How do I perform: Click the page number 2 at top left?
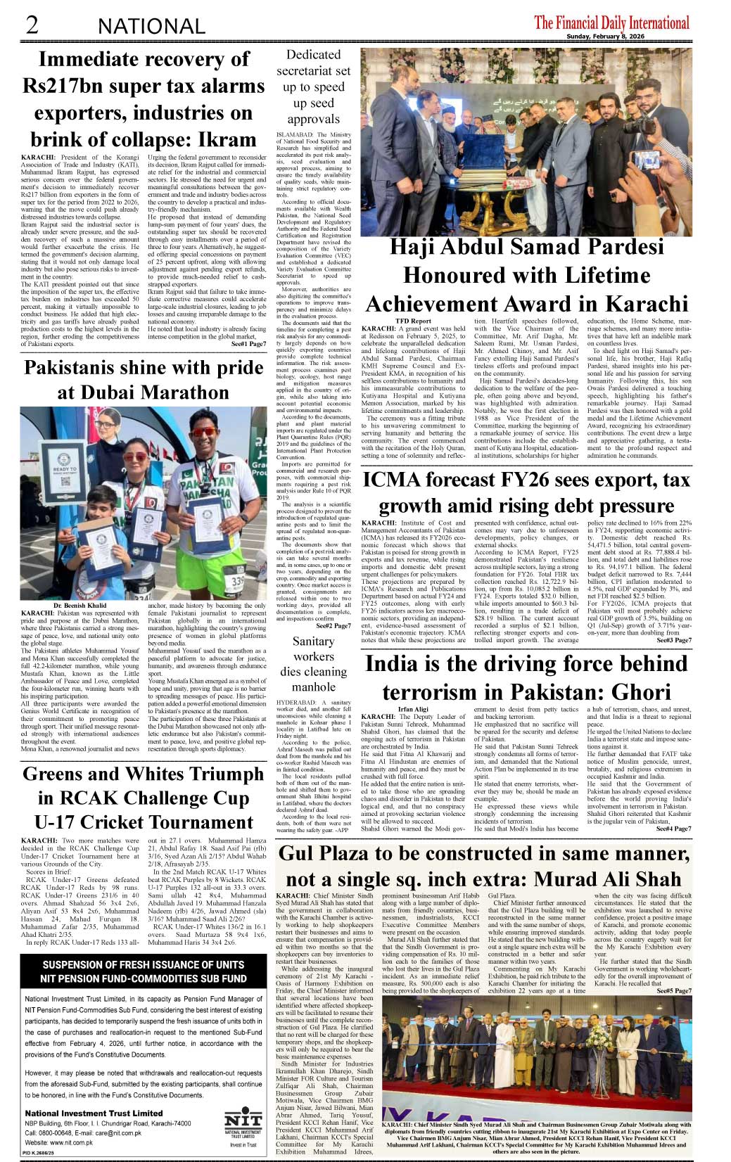pyautogui.click(x=32, y=25)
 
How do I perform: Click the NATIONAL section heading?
pyautogui.click(x=151, y=27)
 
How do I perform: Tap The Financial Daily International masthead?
pyautogui.click(x=611, y=23)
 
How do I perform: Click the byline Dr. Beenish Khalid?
pyautogui.click(x=80, y=606)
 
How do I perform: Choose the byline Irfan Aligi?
pyautogui.click(x=413, y=710)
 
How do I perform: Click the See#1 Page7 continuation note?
pyautogui.click(x=246, y=344)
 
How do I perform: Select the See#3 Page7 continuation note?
pyautogui.click(x=673, y=640)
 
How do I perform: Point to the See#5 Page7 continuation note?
pyautogui.click(x=673, y=991)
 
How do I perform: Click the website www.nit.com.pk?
pyautogui.click(x=58, y=1142)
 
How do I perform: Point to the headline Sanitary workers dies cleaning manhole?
pyautogui.click(x=313, y=663)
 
